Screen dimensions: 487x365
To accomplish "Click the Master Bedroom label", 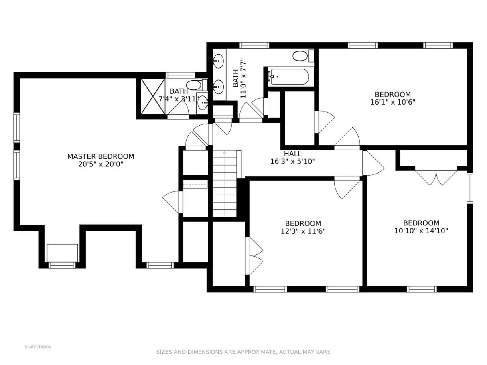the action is pos(101,157).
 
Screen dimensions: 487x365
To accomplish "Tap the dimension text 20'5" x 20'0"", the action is pos(101,164).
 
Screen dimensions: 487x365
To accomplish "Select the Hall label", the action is pos(293,154).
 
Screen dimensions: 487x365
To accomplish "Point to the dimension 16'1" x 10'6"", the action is pos(393,102).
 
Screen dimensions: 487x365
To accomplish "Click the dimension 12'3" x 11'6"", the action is pos(303,231).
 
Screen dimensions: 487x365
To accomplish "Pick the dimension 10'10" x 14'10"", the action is pos(421,231).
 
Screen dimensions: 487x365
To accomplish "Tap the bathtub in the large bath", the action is pos(289,77).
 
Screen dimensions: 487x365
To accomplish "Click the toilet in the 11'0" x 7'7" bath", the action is pos(303,56).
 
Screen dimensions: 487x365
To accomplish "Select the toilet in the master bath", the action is pos(196,85).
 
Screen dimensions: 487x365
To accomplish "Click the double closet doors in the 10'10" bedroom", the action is pos(436,176).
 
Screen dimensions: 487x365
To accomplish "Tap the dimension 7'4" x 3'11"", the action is pos(177,99).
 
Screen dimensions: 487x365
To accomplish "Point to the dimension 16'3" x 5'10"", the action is pos(293,161).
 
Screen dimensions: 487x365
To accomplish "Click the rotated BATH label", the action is pos(235,78).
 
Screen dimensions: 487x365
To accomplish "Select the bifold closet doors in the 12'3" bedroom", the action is pos(254,256).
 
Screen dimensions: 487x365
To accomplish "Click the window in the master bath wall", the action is pos(180,75).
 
